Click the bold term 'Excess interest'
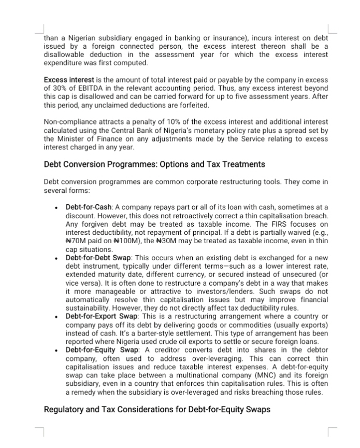pos(69,80)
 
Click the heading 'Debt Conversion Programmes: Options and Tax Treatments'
pos(154,164)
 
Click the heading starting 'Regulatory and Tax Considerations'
pos(157,410)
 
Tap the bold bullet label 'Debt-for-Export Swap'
pos(102,316)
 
